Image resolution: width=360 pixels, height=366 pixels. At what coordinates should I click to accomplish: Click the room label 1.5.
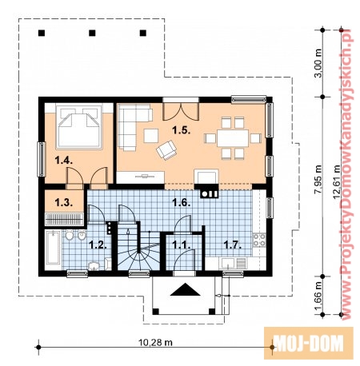181,130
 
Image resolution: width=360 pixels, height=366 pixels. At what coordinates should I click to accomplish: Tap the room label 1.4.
64,161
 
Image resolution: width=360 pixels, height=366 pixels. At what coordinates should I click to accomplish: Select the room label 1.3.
64,202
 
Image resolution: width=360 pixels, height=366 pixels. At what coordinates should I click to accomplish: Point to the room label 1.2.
98,245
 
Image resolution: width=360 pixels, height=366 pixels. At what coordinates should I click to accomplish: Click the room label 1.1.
182,245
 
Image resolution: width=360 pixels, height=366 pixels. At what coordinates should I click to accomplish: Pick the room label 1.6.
182,202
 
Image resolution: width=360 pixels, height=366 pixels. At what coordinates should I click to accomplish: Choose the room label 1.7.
233,245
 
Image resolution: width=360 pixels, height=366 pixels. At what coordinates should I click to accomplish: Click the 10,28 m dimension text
155,342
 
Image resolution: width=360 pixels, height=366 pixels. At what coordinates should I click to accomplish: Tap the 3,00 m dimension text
318,63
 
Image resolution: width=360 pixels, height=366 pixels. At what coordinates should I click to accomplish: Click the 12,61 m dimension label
337,182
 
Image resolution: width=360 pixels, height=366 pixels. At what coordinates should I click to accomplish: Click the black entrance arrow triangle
185,290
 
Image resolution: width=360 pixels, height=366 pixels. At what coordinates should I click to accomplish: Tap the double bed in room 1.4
79,127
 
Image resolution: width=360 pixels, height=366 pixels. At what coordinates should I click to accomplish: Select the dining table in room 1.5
233,138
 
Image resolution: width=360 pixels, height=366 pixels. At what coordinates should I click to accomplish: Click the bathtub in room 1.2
54,248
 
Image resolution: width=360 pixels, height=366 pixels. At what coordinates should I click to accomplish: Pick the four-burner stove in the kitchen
259,240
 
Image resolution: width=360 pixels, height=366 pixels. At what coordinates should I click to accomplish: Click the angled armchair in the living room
166,150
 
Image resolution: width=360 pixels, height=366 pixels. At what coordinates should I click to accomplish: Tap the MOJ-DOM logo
309,344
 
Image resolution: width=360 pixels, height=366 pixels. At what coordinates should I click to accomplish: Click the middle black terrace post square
92,33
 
